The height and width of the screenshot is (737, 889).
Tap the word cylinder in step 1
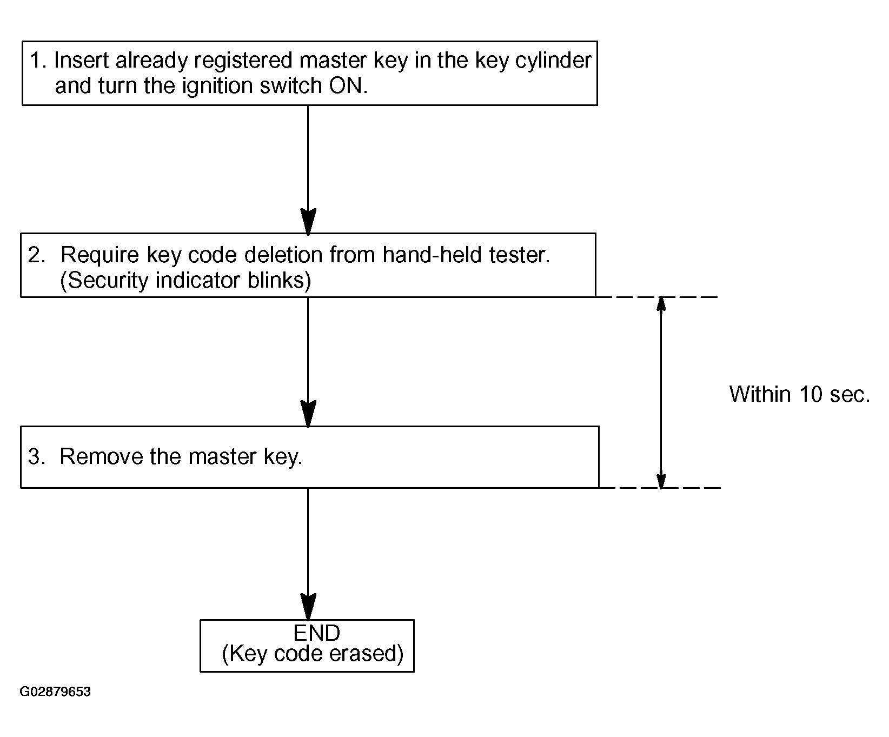pos(554,61)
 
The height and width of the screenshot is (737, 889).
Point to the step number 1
pos(36,61)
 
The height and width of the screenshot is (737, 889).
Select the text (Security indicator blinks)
pos(185,281)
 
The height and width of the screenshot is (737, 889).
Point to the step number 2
pos(37,255)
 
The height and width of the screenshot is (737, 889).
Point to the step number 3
pos(36,457)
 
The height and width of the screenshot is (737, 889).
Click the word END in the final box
pos(317,633)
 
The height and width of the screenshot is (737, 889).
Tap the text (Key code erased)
pos(313,654)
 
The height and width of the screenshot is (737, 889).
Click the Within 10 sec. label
pos(800,394)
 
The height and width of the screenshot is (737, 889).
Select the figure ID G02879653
pos(55,692)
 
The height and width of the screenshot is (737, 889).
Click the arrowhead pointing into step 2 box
pos(308,222)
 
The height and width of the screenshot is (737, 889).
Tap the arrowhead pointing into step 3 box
pos(308,414)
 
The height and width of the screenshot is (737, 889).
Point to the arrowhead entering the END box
pos(308,607)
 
